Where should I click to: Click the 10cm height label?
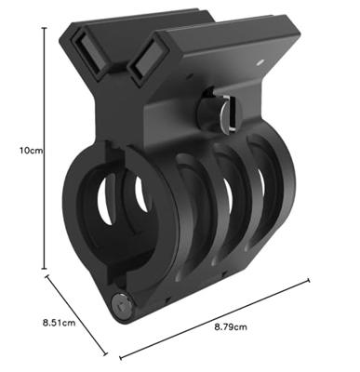(20, 148)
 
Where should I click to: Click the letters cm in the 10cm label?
(27, 148)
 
